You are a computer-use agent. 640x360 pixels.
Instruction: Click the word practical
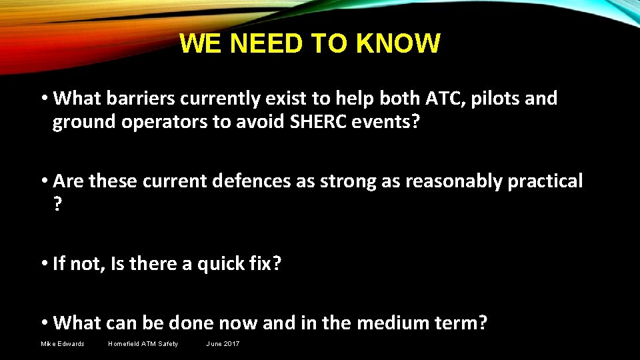coord(545,181)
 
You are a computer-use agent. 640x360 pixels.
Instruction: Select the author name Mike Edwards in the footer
coord(63,344)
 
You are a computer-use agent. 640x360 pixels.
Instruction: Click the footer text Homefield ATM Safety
coord(143,344)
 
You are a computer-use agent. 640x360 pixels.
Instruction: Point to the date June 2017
coord(223,344)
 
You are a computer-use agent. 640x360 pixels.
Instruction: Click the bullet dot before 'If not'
coord(44,264)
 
